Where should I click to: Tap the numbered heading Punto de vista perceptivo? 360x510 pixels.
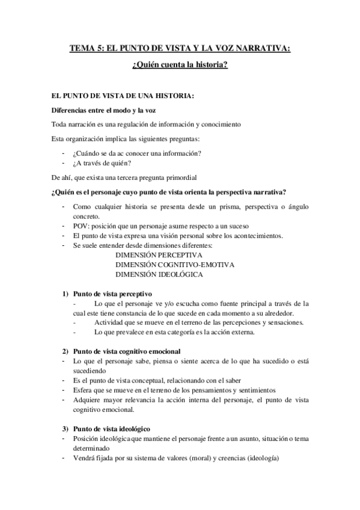tap(113, 293)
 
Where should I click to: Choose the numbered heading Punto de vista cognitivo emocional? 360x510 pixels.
tap(126, 351)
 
